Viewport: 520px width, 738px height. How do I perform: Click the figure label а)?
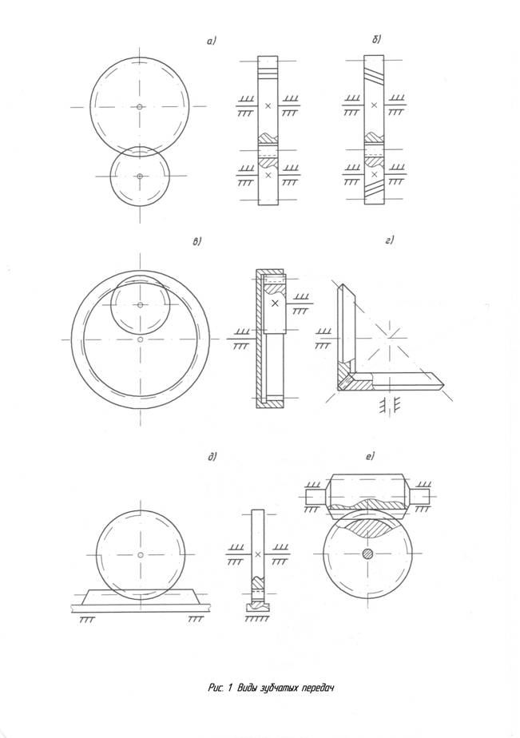(x=212, y=42)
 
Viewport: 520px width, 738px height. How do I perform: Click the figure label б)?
(x=376, y=40)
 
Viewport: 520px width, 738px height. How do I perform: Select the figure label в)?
(x=197, y=242)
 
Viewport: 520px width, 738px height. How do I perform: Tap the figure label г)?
(x=389, y=241)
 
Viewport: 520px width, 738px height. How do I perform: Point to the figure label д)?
(x=212, y=457)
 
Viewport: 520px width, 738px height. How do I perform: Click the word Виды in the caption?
(x=247, y=688)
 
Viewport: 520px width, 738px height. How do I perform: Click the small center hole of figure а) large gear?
(x=140, y=107)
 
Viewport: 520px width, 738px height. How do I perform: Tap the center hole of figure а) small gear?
(x=140, y=177)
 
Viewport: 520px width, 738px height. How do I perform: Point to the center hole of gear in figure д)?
(x=141, y=555)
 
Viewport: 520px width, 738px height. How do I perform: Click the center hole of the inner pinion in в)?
(x=141, y=305)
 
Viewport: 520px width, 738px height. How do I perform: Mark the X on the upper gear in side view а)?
(x=268, y=106)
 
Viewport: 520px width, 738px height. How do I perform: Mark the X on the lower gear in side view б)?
(x=374, y=175)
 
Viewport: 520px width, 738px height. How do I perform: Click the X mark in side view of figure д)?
(x=257, y=554)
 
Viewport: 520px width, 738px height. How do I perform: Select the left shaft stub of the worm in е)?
(x=315, y=497)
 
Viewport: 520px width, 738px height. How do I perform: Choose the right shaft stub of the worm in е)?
(x=420, y=497)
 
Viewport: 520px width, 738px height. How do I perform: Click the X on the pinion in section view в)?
(x=276, y=304)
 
